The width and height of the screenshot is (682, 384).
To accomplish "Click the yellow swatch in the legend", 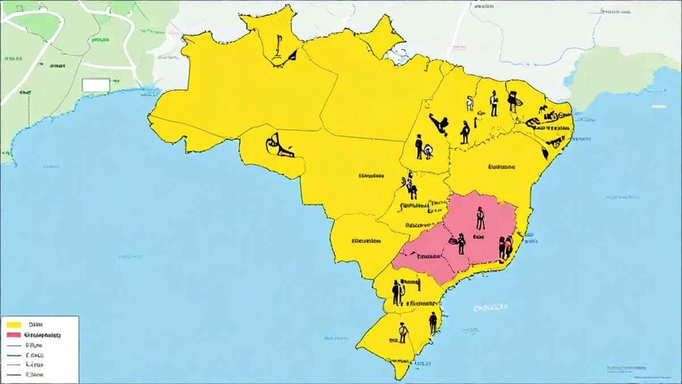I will click(13, 324).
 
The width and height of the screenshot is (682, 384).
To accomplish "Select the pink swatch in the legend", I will click(13, 335).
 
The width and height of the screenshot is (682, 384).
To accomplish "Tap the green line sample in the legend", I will click(13, 355).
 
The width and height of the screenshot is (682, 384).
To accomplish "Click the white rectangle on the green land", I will click(95, 85).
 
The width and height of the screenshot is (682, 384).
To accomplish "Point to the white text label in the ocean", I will click(490, 308).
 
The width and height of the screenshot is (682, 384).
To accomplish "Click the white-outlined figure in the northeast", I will click(469, 103).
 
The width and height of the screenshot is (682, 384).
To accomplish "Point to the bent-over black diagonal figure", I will click(439, 123).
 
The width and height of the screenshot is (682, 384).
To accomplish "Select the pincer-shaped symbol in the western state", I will click(277, 146).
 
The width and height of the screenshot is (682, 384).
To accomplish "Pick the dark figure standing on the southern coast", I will click(433, 323).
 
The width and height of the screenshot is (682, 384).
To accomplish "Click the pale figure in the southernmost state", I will click(403, 332).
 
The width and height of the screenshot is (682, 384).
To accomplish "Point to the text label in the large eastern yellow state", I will click(501, 167).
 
